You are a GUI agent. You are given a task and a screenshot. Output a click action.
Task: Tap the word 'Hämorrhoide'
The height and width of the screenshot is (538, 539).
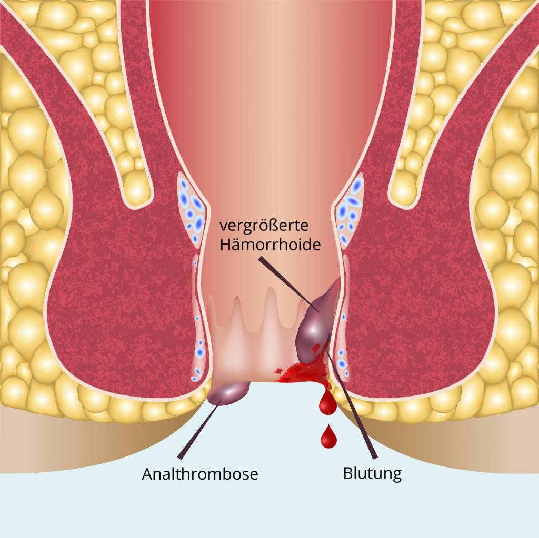(x=270, y=245)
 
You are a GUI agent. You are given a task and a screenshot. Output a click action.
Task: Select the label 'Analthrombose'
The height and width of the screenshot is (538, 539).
(x=199, y=474)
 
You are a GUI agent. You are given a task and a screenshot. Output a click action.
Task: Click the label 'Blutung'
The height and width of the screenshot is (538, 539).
(x=372, y=474)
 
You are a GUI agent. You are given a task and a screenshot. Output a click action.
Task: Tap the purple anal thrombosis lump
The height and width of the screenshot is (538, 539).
(x=228, y=393)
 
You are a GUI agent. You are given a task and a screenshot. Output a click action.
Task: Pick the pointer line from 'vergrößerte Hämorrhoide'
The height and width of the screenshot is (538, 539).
(x=289, y=284)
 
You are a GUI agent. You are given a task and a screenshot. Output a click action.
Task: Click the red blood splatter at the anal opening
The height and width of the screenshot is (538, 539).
(x=303, y=371)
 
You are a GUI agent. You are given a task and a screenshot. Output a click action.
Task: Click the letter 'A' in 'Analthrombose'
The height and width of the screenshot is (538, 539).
(x=148, y=474)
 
